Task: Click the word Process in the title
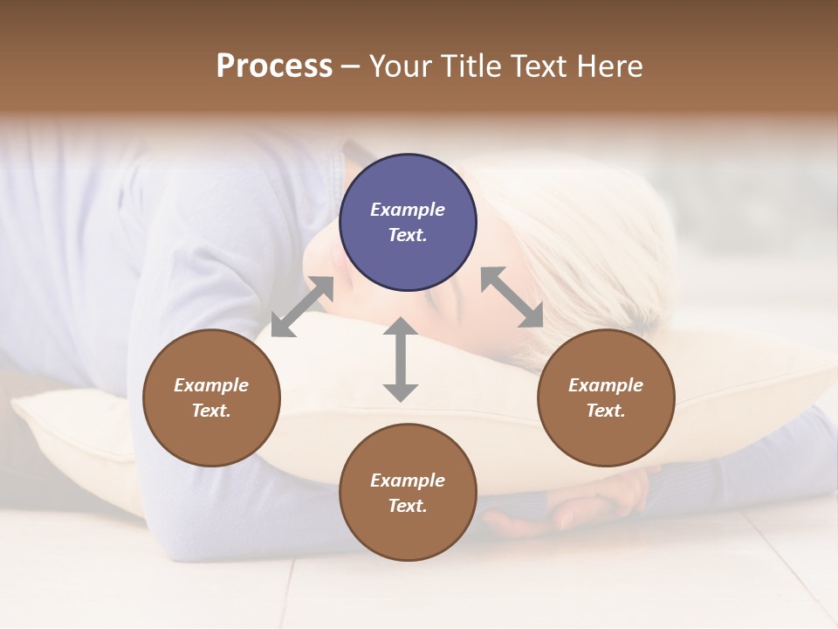tap(274, 66)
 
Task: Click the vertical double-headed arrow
tap(401, 359)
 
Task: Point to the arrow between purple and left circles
tap(302, 307)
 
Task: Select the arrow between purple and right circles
tap(512, 297)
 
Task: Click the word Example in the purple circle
tap(408, 210)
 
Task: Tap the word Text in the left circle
tap(211, 411)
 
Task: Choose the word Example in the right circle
tap(606, 385)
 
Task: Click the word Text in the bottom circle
tap(408, 506)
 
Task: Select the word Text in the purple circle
tap(408, 235)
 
